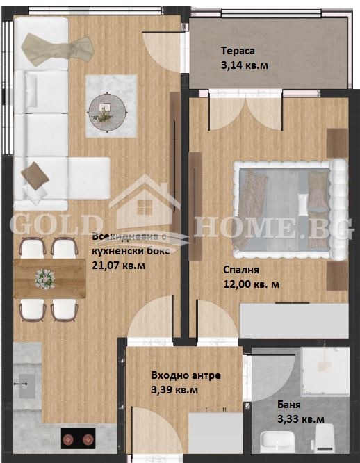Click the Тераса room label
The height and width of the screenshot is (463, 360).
tap(238, 51)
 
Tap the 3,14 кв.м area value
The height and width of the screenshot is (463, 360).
tap(244, 65)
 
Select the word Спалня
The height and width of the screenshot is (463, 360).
tap(241, 270)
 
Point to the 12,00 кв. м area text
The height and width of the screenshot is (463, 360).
tap(251, 284)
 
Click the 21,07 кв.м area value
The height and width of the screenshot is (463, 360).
tap(120, 265)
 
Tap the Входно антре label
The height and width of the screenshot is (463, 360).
tap(186, 375)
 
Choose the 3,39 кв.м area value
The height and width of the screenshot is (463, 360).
tap(174, 390)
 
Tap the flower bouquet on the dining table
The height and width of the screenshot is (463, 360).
tap(45, 279)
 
